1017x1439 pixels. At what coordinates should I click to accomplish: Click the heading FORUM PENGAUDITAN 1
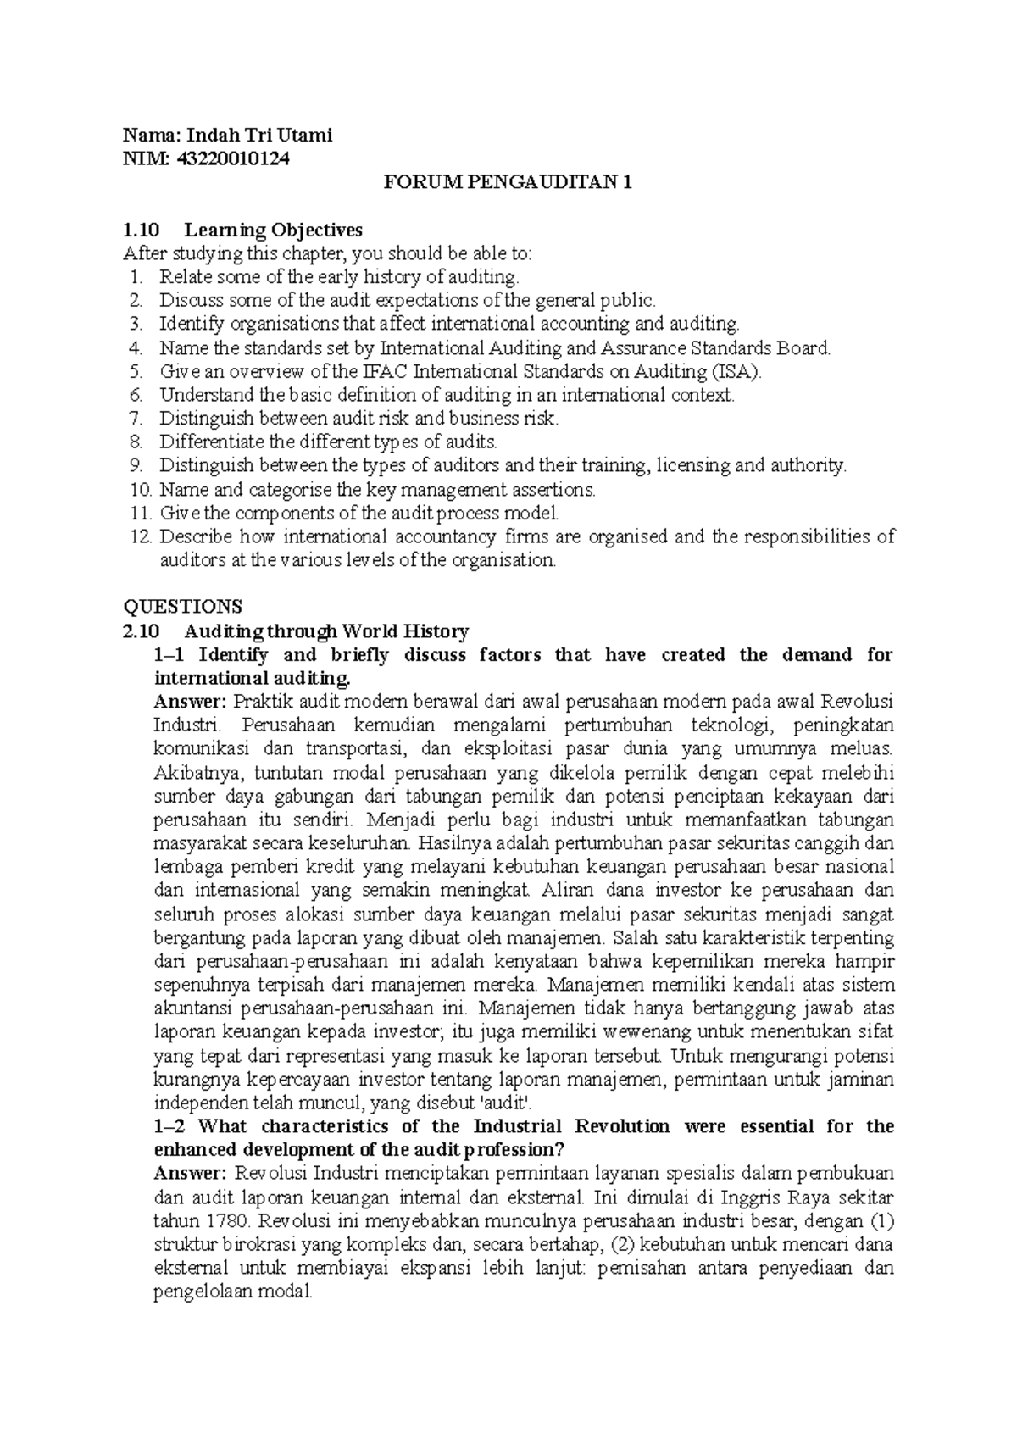pyautogui.click(x=508, y=182)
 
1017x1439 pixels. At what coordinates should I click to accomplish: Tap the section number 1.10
pyautogui.click(x=141, y=230)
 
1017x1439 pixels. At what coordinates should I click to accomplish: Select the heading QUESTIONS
pyautogui.click(x=182, y=607)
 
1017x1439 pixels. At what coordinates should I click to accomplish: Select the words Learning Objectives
pyautogui.click(x=273, y=230)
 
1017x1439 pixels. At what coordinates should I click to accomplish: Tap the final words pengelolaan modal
pyautogui.click(x=232, y=1292)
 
